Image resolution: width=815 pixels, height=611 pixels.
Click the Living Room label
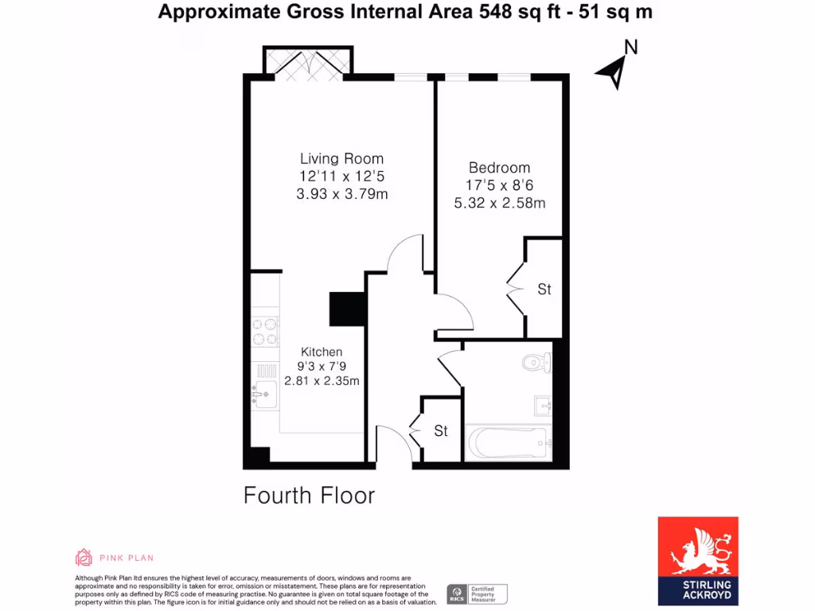point(341,158)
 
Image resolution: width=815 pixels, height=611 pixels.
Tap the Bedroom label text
point(499,168)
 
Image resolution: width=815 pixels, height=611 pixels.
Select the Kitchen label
point(322,352)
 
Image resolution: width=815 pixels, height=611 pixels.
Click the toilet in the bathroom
point(536,364)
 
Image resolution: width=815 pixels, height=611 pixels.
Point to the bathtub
point(509,443)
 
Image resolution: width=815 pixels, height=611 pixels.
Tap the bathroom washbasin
point(544,407)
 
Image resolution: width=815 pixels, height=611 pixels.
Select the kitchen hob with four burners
point(266,331)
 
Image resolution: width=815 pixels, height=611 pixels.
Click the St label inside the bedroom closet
point(544,290)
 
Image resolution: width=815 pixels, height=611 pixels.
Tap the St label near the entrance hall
point(441,431)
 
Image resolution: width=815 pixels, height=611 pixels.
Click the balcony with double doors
point(307,62)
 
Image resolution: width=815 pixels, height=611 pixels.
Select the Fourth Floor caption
point(309,496)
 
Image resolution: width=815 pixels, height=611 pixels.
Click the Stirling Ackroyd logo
point(697,560)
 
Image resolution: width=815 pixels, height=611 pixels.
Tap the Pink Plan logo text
point(127,558)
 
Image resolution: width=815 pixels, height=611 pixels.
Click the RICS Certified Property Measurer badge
point(477,593)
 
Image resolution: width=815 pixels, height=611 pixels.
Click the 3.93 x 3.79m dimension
point(341,194)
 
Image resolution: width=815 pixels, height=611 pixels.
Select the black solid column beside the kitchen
point(346,309)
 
